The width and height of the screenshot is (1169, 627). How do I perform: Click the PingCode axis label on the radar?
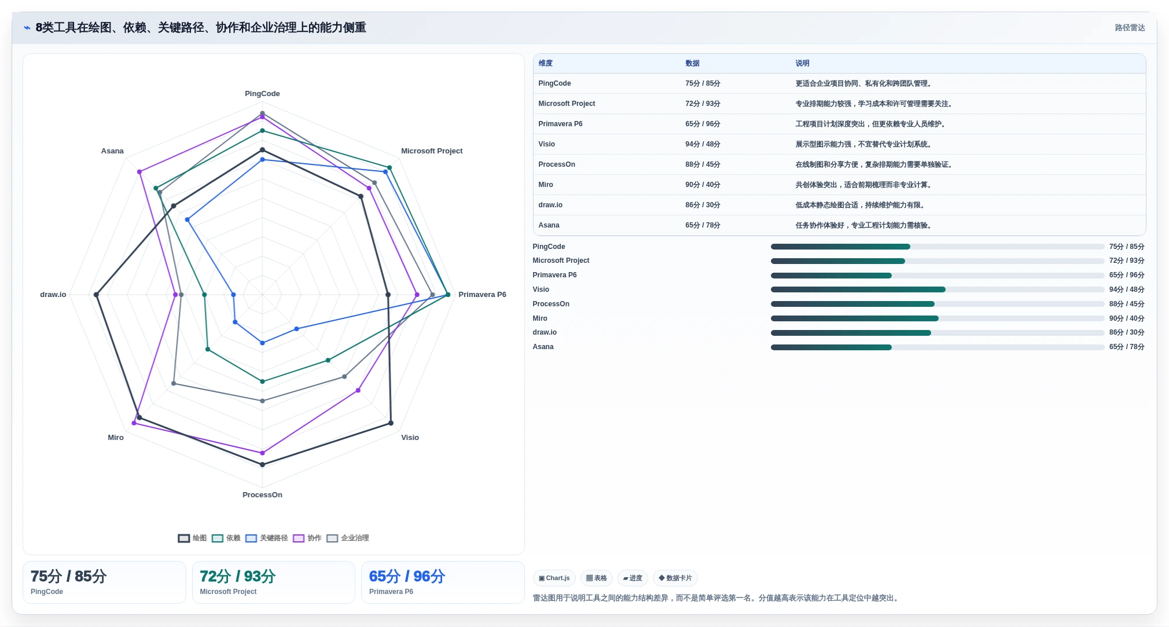coord(262,94)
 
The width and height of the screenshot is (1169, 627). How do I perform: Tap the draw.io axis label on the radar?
coord(53,295)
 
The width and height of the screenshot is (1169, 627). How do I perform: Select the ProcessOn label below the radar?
coord(262,495)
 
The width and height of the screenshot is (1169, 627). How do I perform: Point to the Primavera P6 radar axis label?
coord(482,295)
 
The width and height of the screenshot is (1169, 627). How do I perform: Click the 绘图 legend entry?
coord(192,538)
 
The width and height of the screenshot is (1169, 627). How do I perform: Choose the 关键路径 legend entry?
coord(267,538)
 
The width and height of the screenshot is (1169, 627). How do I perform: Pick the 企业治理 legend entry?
coord(348,538)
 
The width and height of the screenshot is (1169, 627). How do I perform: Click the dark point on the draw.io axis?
coord(97,295)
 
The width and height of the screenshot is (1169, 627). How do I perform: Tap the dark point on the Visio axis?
coord(391,423)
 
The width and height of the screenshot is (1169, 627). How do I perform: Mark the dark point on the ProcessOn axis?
coord(262,464)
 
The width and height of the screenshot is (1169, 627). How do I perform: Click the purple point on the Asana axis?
coord(139,172)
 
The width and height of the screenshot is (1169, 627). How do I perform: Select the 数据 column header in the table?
coord(693,64)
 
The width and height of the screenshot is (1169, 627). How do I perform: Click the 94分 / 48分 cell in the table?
coord(703,145)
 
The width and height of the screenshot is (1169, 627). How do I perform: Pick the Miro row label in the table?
coord(546,185)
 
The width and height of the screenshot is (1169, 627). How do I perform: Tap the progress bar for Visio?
coord(938,289)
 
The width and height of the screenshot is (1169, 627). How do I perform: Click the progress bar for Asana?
coord(938,347)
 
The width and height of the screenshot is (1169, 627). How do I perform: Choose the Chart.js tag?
coord(554,578)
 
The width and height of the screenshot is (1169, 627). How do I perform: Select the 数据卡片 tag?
coord(675,578)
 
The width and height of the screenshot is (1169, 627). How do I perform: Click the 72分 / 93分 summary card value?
coord(238,577)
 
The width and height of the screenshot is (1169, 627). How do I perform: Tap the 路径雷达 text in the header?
coord(1130,28)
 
